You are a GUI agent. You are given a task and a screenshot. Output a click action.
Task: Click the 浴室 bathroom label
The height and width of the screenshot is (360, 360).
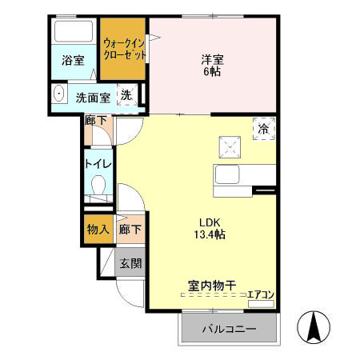tap(73, 59)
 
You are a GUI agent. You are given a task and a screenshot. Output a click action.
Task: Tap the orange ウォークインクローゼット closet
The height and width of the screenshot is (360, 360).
tap(124, 50)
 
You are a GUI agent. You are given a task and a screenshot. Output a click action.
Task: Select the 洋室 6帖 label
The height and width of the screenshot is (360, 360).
tap(211, 64)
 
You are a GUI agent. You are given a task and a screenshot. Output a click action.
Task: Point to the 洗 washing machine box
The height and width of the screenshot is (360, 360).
tap(128, 95)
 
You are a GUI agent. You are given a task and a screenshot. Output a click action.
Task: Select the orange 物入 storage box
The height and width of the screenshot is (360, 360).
tap(98, 230)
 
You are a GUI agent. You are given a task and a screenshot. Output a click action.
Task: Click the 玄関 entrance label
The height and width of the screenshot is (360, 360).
tap(130, 262)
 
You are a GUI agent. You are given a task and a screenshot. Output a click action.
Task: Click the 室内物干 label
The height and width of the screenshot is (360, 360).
tap(211, 285)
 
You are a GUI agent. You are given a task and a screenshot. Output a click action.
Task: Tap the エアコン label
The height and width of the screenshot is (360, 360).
tap(261, 294)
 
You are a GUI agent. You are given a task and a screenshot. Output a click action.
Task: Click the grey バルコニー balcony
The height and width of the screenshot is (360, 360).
tap(228, 329)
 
